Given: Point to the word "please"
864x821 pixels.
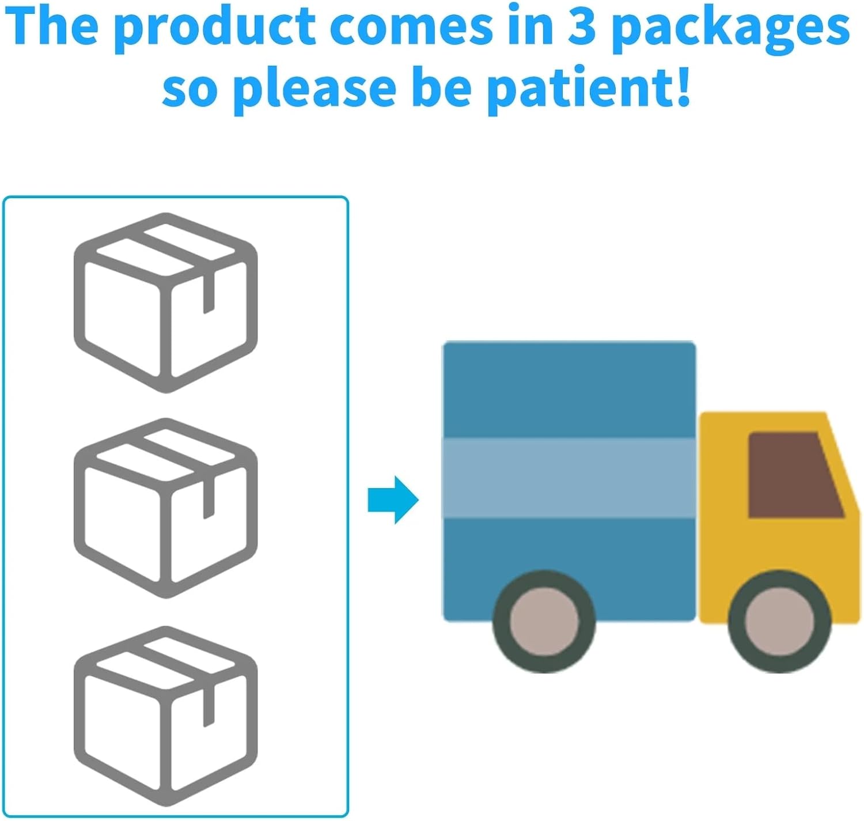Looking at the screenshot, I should coord(314,89).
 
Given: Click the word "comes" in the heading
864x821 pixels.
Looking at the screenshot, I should coord(411,27).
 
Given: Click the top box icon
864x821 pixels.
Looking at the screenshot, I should coord(166,303).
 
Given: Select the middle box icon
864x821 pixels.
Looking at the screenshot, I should coord(166,508).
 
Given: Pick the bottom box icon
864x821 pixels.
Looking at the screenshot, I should coord(166,716).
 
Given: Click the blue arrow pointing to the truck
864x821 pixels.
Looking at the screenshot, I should coord(393,500).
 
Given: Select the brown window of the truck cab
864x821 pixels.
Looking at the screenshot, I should coord(792,475).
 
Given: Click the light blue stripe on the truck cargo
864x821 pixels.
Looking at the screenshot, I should coord(569,478).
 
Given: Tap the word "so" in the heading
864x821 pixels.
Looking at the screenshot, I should coord(190,90).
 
